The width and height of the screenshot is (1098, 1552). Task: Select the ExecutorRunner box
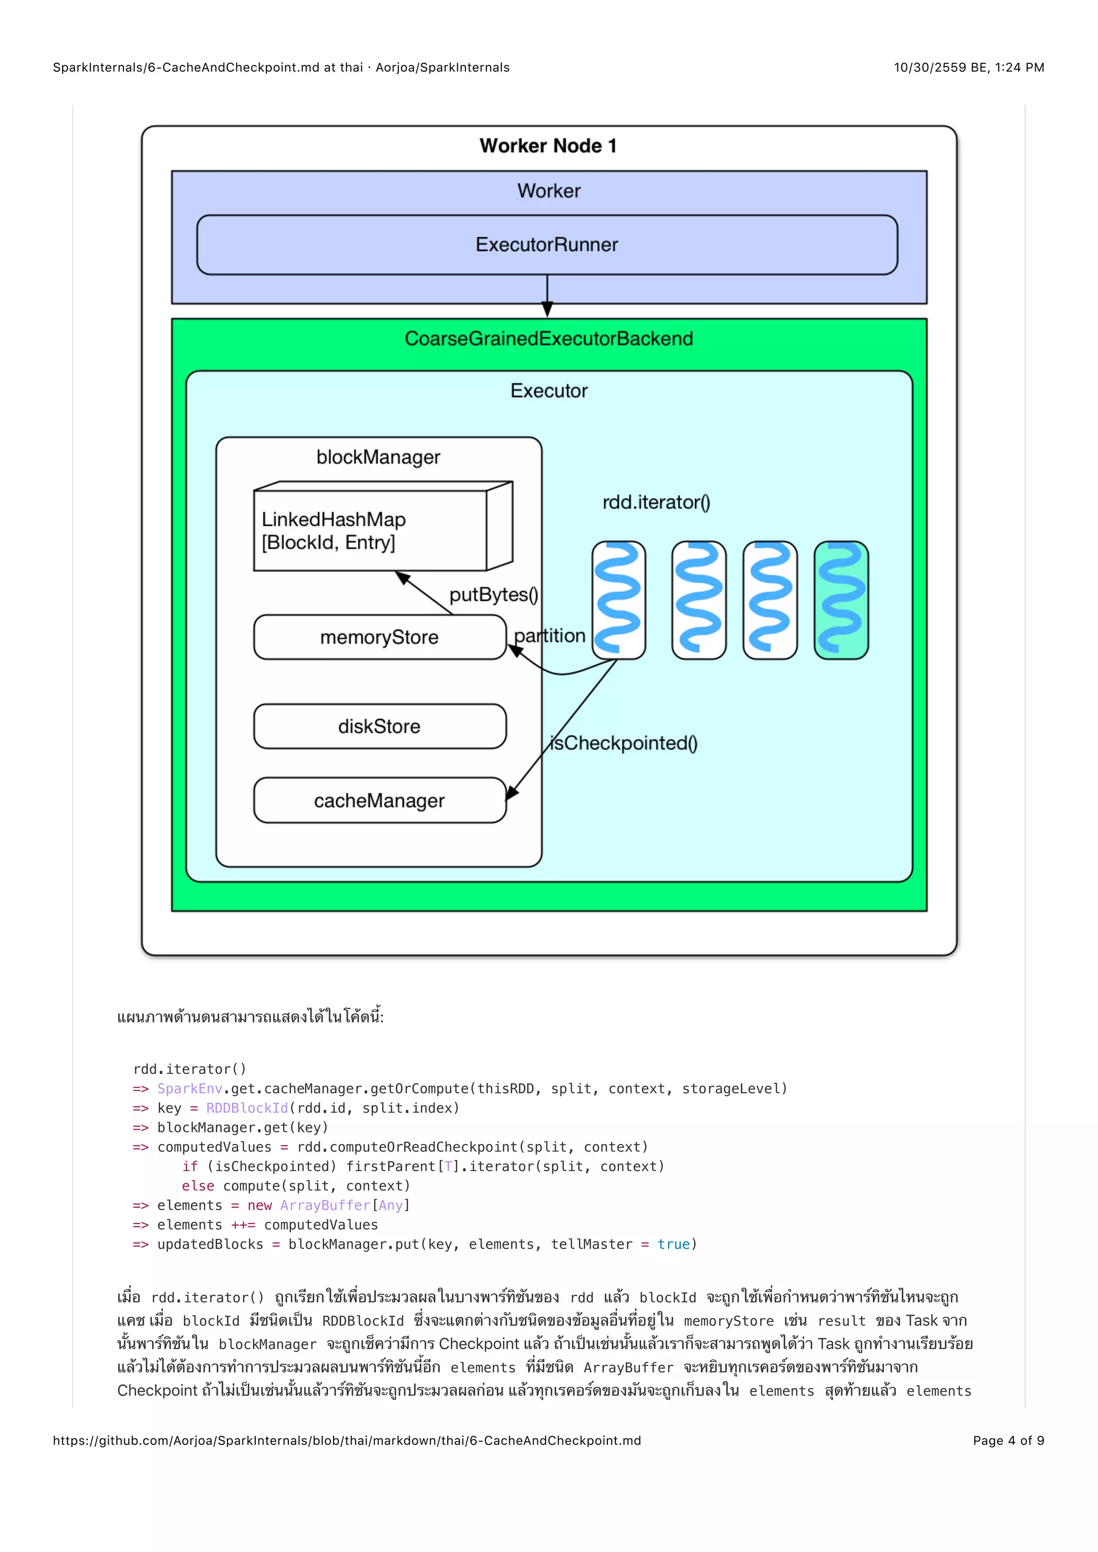(547, 245)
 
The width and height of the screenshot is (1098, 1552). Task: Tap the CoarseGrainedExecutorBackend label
(548, 338)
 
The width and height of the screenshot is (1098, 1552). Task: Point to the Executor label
(548, 391)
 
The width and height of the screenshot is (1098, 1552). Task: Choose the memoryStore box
(379, 637)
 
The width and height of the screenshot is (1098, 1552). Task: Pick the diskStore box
(379, 726)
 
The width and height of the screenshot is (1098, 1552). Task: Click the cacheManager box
(379, 800)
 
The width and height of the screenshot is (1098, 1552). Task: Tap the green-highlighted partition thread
(841, 600)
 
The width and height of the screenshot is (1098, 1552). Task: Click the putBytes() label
(494, 594)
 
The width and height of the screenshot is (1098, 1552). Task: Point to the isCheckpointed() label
(624, 743)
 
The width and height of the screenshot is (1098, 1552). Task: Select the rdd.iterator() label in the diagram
(656, 502)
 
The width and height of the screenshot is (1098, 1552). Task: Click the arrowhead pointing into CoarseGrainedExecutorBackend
(547, 310)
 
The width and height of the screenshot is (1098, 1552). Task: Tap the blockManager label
(378, 457)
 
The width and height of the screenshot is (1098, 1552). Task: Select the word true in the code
(673, 1244)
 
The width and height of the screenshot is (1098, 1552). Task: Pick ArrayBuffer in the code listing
(325, 1205)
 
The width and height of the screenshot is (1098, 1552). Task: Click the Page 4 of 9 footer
(1008, 1441)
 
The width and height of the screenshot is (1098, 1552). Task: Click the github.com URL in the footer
(347, 1441)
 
